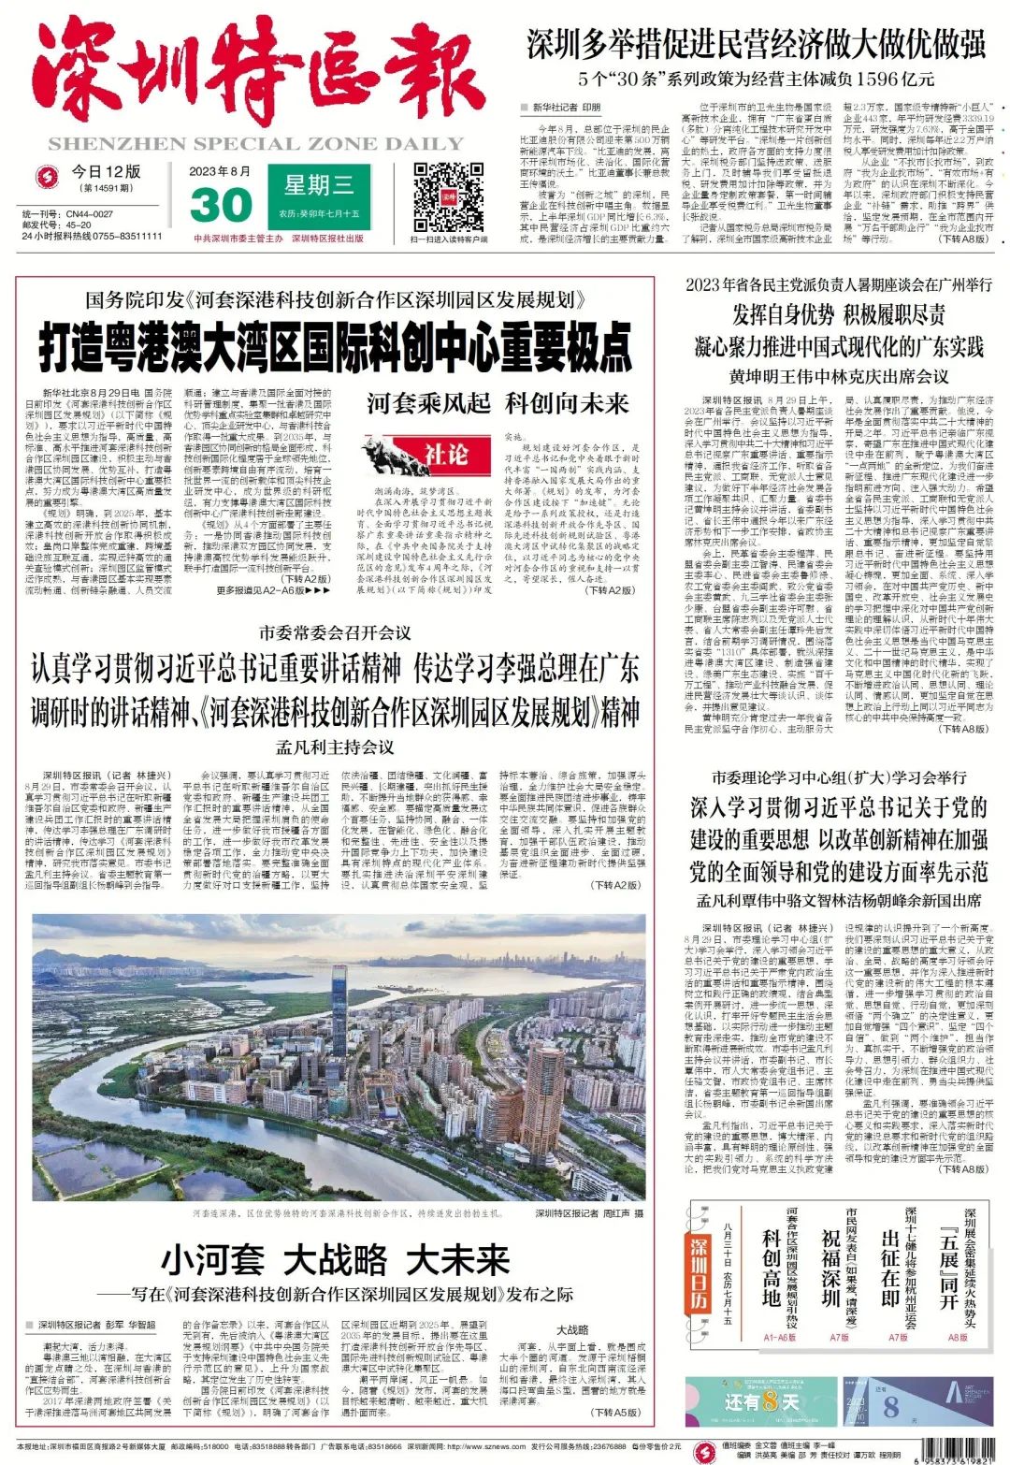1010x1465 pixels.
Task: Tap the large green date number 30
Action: pos(221,205)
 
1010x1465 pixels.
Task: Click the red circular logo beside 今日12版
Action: pos(46,176)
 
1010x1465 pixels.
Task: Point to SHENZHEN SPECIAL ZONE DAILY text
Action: pos(255,144)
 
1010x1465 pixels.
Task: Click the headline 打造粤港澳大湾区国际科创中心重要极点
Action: pos(335,348)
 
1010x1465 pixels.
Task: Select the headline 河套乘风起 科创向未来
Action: pos(498,403)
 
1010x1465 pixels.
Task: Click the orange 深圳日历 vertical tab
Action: pos(700,1273)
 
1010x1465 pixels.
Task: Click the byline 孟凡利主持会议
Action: pos(334,747)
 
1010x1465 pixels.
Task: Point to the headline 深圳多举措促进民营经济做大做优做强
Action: pos(757,44)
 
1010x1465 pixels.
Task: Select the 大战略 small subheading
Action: pos(572,1329)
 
